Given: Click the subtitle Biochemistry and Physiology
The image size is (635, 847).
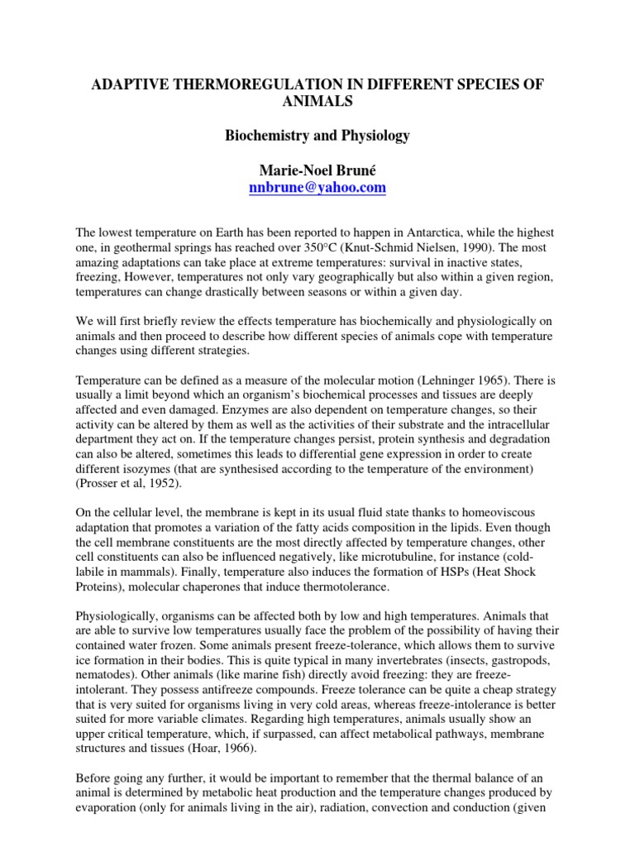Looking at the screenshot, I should tap(317, 137).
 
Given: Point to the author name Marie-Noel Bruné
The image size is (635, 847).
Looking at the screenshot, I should tap(317, 171).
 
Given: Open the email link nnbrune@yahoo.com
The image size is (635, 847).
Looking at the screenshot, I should tap(317, 189).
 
